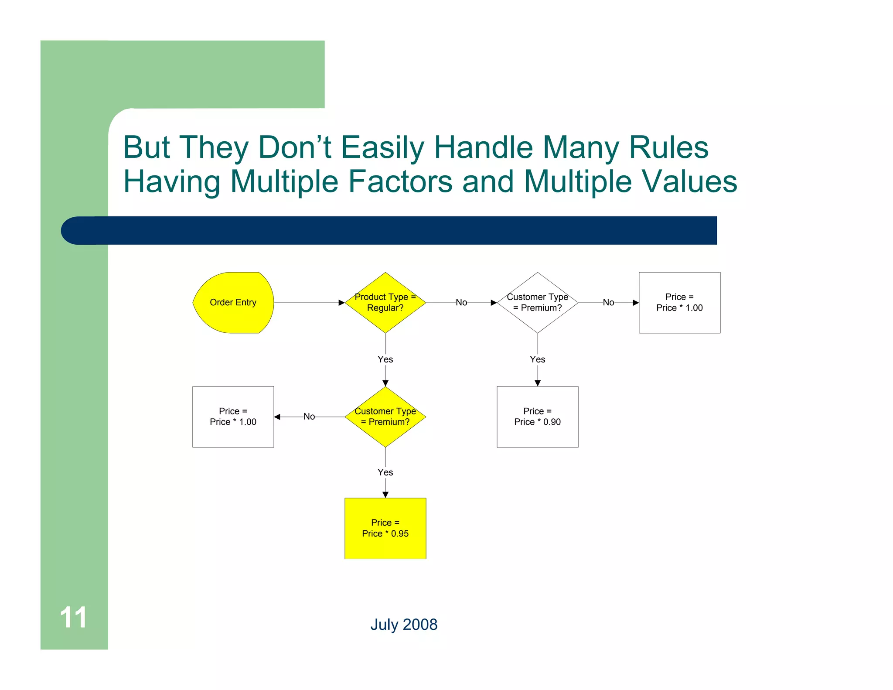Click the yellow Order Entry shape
tap(233, 303)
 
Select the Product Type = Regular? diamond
tap(385, 302)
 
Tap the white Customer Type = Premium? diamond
tap(537, 302)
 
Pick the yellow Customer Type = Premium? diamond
tap(385, 417)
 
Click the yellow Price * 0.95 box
tap(385, 528)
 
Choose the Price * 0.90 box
tap(537, 417)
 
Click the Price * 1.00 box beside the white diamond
tap(679, 302)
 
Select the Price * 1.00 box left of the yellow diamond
tap(233, 417)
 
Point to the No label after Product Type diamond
tap(461, 302)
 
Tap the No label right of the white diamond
tap(608, 302)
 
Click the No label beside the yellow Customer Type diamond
tap(309, 417)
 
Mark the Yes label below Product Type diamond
tap(385, 359)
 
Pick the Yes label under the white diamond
tap(537, 359)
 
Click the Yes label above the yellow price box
tap(385, 472)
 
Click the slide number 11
tap(73, 618)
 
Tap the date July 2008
tap(404, 625)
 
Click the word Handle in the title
tap(483, 147)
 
